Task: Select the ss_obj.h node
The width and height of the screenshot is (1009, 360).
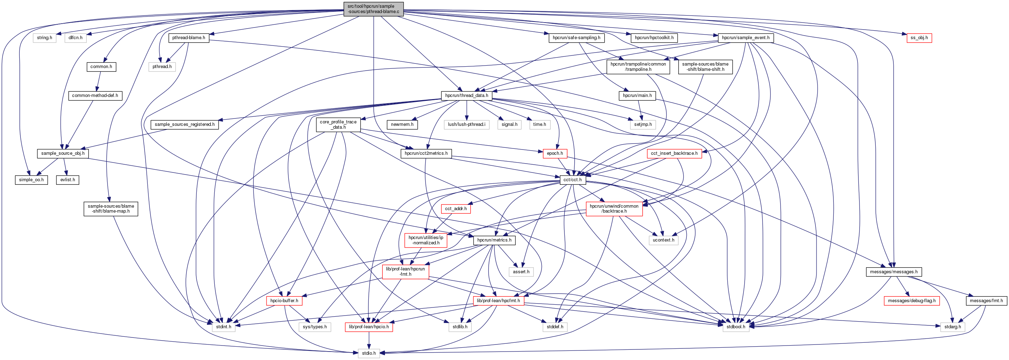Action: pos(919,38)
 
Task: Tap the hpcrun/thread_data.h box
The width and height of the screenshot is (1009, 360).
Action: pos(466,96)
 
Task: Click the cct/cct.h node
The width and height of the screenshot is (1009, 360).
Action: pos(573,180)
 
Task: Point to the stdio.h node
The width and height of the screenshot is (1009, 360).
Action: pos(368,353)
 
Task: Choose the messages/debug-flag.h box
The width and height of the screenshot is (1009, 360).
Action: pos(911,301)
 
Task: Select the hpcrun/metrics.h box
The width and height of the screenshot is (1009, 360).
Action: pos(494,240)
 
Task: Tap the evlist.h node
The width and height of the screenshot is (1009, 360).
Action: pos(68,180)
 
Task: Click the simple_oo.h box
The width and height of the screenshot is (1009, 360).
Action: pos(31,180)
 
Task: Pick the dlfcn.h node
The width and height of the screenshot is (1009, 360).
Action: pos(75,38)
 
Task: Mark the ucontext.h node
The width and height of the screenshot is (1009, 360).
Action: pos(664,240)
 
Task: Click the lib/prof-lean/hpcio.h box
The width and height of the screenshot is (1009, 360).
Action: pos(368,327)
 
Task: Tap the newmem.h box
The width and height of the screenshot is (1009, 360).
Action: pos(402,124)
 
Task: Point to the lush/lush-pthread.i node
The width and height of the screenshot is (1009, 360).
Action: pos(466,124)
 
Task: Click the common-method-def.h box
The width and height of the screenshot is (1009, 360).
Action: pos(95,96)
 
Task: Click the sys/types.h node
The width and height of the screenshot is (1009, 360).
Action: pos(315,327)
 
